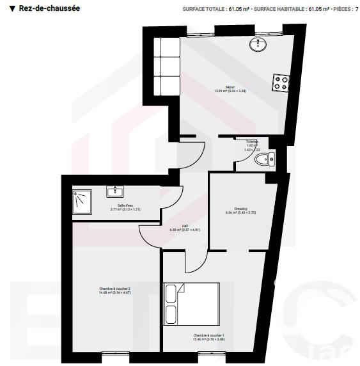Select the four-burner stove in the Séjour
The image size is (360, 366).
click(x=281, y=81)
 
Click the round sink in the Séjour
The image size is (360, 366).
click(x=262, y=44)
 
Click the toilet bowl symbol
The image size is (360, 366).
click(x=263, y=159)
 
